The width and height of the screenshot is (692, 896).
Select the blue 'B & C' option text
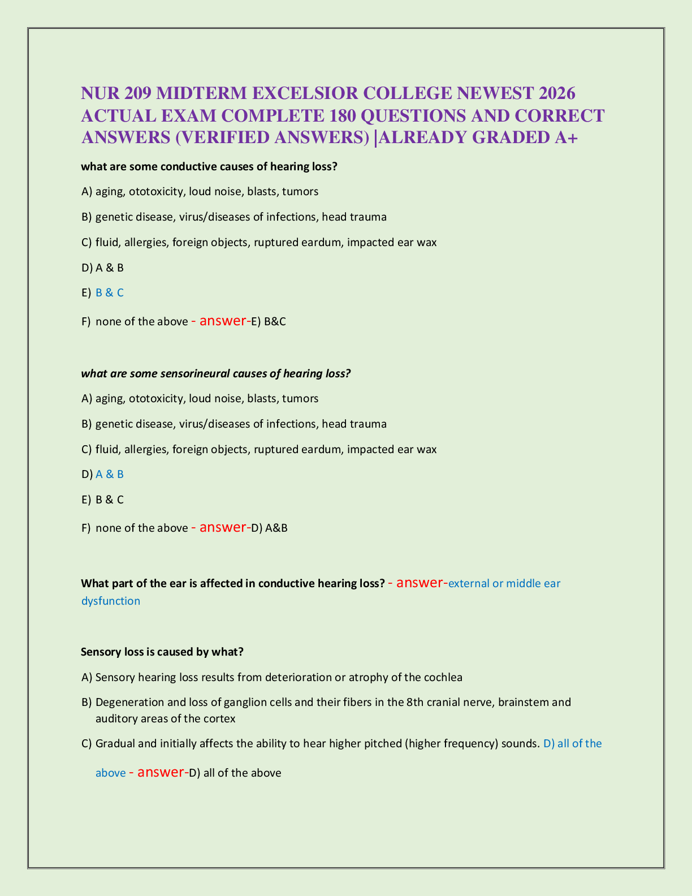coord(110,293)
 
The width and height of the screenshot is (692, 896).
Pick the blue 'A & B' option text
coord(110,475)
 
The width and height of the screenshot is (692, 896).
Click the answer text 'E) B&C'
coord(269,322)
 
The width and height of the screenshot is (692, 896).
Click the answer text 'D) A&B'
coord(269,528)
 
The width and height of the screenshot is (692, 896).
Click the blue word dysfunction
coord(111,601)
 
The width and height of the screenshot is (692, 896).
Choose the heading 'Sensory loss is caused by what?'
coord(162,652)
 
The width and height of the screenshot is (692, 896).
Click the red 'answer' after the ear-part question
coord(419,583)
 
